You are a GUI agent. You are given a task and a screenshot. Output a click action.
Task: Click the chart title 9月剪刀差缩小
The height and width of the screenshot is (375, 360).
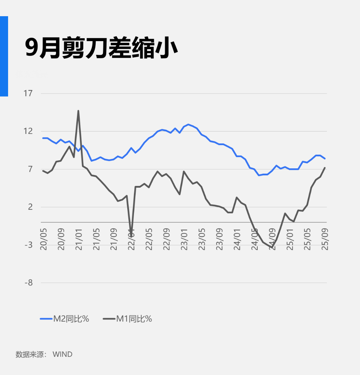coord(101,48)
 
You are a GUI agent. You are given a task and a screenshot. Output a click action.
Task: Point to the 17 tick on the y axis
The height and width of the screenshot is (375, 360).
coord(28,93)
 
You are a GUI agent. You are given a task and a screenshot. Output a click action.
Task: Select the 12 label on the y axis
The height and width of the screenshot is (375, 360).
coord(28,131)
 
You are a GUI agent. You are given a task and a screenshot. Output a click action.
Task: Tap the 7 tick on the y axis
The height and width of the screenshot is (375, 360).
coord(30,169)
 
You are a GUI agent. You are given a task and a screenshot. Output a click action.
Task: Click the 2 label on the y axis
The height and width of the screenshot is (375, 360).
coord(30,207)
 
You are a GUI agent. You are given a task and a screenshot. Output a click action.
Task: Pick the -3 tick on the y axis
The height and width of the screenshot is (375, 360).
coord(28,245)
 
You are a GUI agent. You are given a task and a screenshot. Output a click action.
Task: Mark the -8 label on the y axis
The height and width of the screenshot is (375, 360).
coord(28,283)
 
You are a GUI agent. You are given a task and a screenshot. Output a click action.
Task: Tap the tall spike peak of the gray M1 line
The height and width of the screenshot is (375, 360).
coord(78,111)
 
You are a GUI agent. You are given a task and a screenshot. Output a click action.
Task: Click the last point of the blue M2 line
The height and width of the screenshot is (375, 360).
coord(325,159)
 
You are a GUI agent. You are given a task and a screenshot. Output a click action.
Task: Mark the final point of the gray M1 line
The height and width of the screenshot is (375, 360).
coord(325,168)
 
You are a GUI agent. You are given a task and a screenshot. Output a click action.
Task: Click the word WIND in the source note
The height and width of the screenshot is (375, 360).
coord(62,354)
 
